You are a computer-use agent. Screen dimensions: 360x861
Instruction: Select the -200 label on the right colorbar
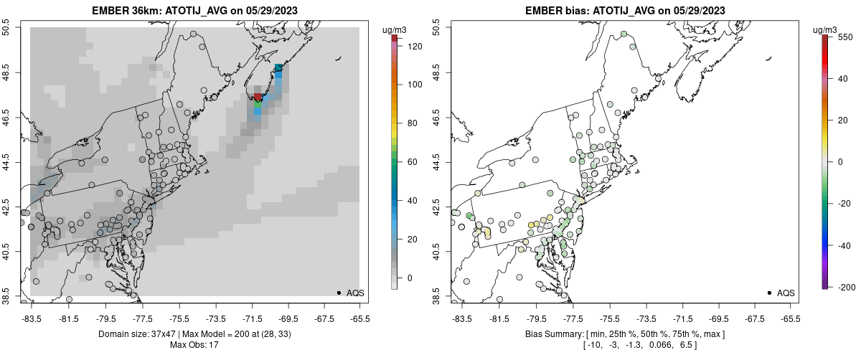point(846,287)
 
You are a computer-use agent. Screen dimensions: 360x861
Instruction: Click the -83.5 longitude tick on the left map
point(31,318)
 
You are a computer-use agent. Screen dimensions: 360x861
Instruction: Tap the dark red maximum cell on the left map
point(258,97)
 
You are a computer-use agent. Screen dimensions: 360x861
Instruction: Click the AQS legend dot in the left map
point(339,293)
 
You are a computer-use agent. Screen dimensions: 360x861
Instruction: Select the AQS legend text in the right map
point(786,293)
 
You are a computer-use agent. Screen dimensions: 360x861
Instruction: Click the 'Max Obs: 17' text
point(194,345)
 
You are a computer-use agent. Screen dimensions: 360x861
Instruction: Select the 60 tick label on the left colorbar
point(413,162)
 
